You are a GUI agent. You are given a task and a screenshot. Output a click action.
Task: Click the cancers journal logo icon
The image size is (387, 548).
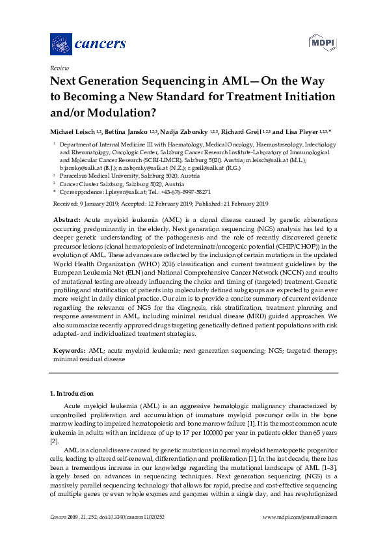(61, 44)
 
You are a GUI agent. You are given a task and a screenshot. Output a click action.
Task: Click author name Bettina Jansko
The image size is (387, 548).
(126, 131)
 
